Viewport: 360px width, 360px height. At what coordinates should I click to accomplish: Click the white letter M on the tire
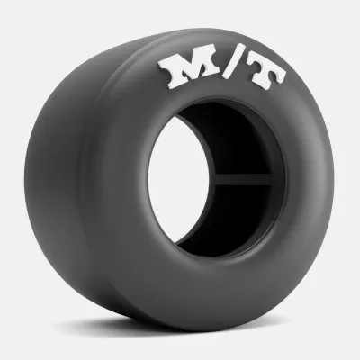[x=189, y=70]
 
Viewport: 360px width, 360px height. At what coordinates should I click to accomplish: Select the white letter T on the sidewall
[x=266, y=76]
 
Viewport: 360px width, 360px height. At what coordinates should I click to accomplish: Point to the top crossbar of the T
[x=266, y=69]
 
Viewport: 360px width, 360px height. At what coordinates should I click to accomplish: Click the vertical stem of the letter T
[x=263, y=80]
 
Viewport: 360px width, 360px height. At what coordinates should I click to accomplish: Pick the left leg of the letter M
[x=172, y=75]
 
